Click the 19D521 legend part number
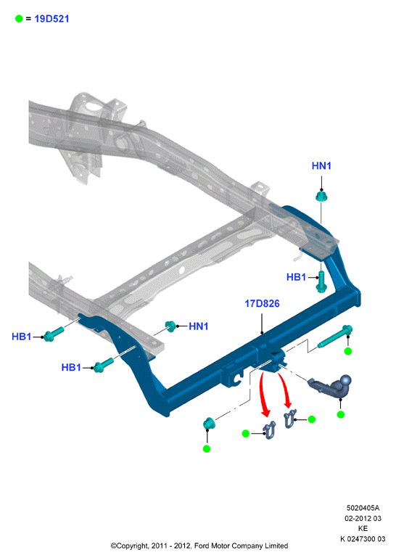point(51,19)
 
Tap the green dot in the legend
point(19,19)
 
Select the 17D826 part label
point(262,303)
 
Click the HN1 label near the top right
point(321,165)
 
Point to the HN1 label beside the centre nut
point(199,326)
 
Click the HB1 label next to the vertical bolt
point(296,277)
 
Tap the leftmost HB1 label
point(22,337)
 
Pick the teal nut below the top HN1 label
point(321,197)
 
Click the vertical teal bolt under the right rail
point(321,281)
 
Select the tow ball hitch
point(330,387)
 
